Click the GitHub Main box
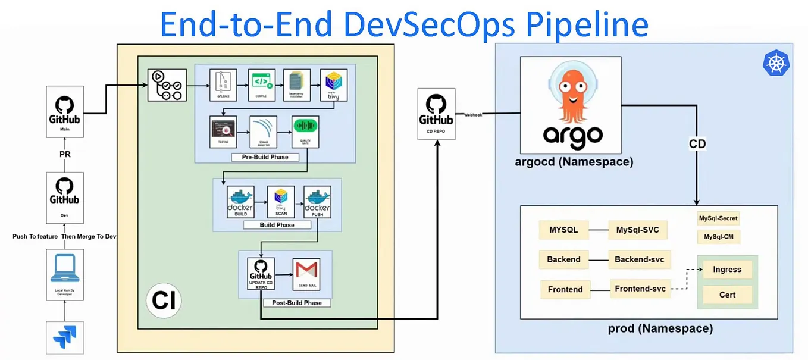(x=65, y=111)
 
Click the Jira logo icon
(x=65, y=337)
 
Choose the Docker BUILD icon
(x=240, y=202)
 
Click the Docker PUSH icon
(x=317, y=202)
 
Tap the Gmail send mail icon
(x=307, y=273)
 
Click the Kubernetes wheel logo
(x=775, y=62)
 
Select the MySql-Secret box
(x=718, y=218)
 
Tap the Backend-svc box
(x=639, y=259)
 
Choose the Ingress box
(x=727, y=270)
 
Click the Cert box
(x=727, y=295)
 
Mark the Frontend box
(x=565, y=289)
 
